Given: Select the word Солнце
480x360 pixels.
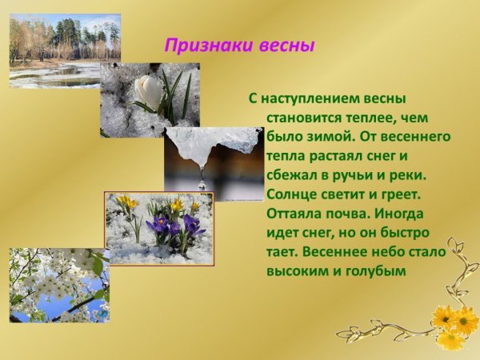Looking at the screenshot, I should (x=291, y=194).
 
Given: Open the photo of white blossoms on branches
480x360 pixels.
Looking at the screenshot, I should (x=58, y=285).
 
